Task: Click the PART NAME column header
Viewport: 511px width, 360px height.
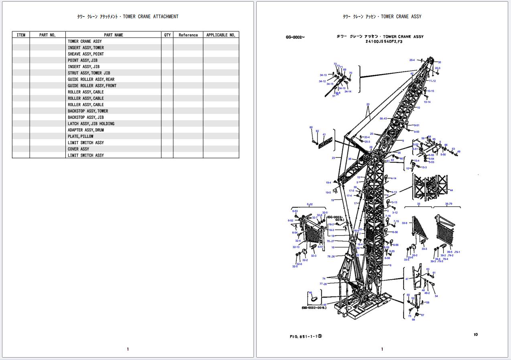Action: tap(114, 35)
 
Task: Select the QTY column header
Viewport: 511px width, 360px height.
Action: tap(167, 35)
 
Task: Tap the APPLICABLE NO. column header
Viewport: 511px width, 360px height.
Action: tap(221, 35)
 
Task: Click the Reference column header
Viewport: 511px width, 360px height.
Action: tap(188, 35)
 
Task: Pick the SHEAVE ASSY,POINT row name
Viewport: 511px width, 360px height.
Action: tap(85, 54)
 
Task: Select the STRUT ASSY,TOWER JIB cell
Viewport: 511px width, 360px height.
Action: tap(89, 73)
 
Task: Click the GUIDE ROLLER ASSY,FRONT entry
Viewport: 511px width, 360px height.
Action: tap(92, 86)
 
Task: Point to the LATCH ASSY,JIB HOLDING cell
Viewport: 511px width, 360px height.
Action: tap(91, 123)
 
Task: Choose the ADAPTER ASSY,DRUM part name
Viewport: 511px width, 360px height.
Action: tap(85, 130)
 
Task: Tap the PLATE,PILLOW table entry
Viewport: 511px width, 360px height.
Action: tap(80, 136)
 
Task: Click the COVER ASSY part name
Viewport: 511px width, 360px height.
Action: tap(78, 149)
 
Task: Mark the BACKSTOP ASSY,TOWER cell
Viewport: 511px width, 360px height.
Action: tap(87, 111)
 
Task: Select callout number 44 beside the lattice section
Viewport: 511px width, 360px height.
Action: tap(451, 190)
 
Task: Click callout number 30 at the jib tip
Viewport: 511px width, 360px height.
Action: tap(439, 62)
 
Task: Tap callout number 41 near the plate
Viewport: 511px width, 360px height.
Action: tap(324, 135)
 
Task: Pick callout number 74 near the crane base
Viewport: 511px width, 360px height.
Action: tap(324, 279)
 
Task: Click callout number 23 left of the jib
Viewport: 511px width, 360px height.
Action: tap(333, 158)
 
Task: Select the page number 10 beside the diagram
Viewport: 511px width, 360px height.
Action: tap(475, 334)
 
